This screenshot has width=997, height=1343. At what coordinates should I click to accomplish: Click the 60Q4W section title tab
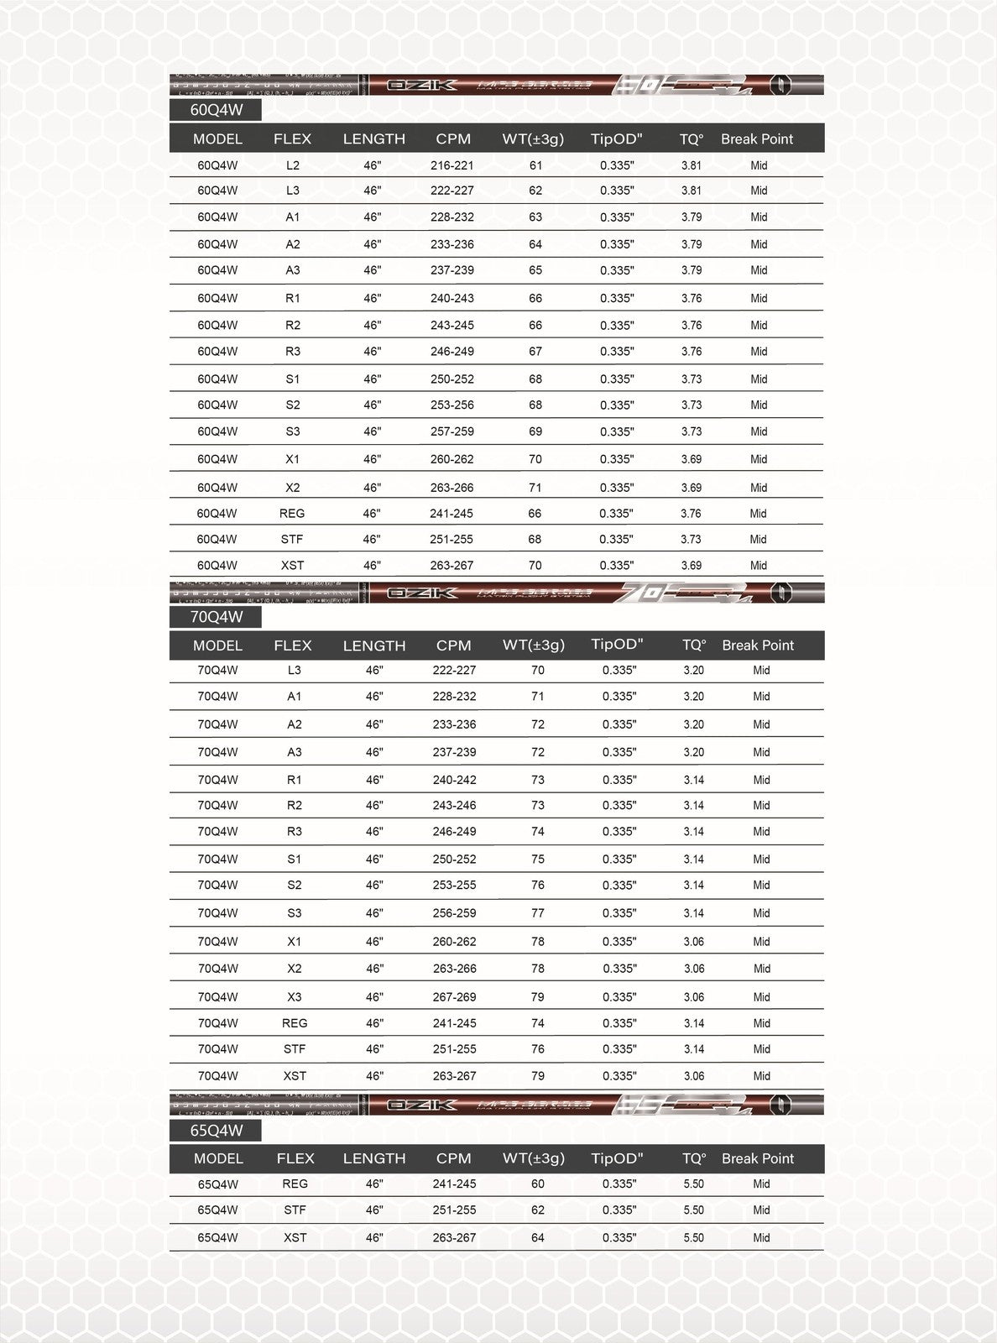[215, 110]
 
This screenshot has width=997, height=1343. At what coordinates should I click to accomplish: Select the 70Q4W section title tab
[216, 617]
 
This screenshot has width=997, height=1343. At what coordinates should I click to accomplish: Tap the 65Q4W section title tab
[216, 1130]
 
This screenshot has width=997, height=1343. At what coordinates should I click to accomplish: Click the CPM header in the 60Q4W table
[453, 138]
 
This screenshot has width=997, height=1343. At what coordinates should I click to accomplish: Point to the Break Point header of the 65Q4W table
[757, 1158]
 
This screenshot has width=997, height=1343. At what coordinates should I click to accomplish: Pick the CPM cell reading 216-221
[452, 165]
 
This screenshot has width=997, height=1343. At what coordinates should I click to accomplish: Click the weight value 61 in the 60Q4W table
[535, 165]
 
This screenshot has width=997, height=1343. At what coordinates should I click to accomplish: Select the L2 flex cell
[292, 165]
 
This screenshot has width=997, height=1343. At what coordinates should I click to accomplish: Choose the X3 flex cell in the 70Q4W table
[294, 997]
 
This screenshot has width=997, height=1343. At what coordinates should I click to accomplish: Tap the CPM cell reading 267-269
[454, 997]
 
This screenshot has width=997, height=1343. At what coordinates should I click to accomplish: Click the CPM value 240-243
[452, 298]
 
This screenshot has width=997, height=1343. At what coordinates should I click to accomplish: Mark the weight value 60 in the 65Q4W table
[537, 1184]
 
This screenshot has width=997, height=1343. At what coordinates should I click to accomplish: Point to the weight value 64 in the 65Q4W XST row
[537, 1237]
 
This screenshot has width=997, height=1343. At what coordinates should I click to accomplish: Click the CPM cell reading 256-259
[454, 913]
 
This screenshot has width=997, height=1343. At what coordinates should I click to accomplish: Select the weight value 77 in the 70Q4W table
[537, 913]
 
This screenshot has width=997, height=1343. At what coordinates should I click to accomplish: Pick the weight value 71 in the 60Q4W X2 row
[535, 488]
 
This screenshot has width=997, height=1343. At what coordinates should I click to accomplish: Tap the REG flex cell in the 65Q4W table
[295, 1184]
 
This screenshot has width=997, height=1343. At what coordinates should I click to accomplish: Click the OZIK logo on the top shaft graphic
[411, 84]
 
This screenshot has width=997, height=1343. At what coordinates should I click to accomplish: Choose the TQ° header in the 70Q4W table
[693, 645]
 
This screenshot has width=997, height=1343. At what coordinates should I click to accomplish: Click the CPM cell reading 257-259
[452, 431]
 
